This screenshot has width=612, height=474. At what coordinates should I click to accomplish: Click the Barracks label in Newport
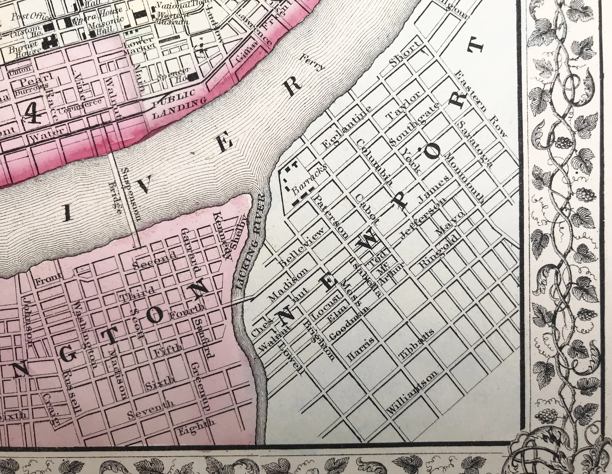pyautogui.click(x=309, y=179)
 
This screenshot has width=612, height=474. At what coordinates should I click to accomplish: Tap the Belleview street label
pyautogui.click(x=303, y=247)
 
